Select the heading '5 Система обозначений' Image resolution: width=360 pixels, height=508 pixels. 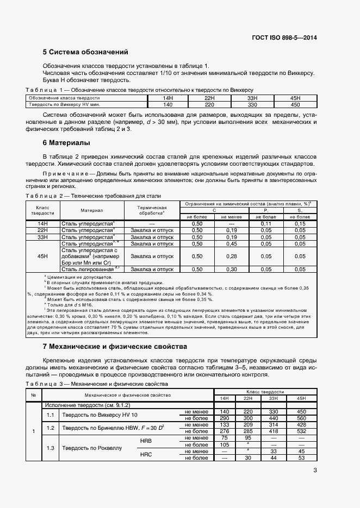[x=85, y=53]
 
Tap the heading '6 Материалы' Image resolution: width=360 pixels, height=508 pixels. [x=66, y=143]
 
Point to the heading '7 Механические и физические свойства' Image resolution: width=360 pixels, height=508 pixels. [x=115, y=346]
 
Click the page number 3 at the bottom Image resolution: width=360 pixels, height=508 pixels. [x=315, y=471]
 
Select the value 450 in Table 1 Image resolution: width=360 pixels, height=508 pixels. [x=295, y=104]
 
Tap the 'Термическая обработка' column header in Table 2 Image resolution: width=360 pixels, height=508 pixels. [x=152, y=210]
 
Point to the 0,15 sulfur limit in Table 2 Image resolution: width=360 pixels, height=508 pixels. [x=300, y=223]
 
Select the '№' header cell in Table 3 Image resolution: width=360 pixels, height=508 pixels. [x=33, y=394]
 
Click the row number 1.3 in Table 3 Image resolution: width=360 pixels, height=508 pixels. [x=51, y=448]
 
